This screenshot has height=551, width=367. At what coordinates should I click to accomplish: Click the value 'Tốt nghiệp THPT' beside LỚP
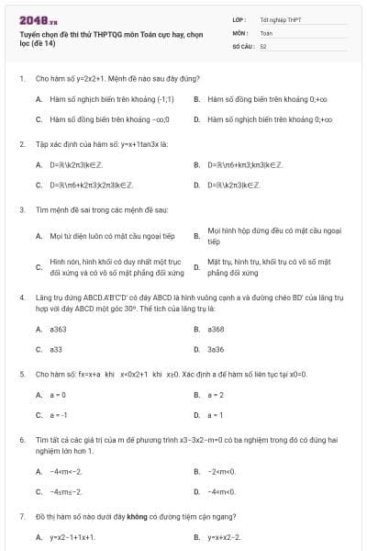282,18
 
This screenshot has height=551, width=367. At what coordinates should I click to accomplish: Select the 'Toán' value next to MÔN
266,32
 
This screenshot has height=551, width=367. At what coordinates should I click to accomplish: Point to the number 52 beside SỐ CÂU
263,45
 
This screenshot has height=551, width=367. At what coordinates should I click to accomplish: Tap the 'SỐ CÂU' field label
241,45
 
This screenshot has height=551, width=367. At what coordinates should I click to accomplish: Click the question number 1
21,79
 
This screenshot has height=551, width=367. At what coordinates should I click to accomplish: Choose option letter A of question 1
39,97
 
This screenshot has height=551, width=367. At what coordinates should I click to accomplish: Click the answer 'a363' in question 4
59,329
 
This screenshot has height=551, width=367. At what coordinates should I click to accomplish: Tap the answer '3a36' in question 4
217,349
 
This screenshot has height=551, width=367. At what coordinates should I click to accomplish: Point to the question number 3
21,209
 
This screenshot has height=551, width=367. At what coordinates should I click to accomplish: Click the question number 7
21,518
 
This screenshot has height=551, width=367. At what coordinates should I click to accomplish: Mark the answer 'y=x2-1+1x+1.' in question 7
72,537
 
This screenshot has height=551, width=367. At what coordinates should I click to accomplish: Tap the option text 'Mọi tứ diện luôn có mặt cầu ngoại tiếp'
98,236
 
